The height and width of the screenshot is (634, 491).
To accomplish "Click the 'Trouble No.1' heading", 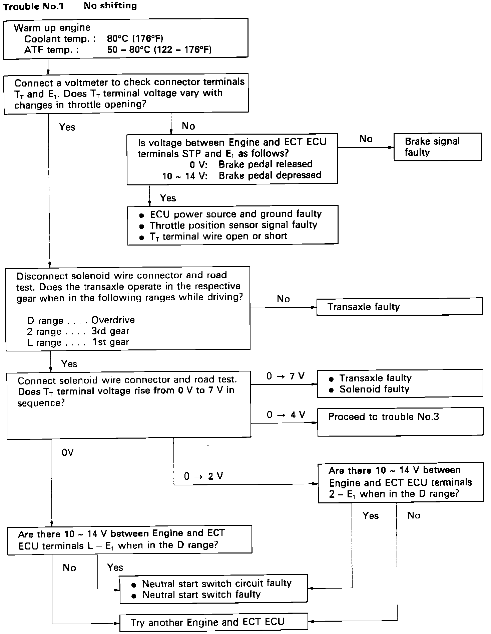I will tap(33, 7).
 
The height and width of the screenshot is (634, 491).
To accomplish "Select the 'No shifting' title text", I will tap(110, 6).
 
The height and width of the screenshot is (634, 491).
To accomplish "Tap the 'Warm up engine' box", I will tap(125, 39).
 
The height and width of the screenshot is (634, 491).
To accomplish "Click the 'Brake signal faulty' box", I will tap(437, 147).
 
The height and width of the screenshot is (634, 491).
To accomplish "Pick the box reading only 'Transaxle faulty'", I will tap(399, 307).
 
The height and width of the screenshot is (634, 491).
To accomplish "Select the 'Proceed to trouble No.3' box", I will tap(400, 421).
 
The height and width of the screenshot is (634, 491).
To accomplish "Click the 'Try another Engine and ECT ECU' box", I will tap(213, 622).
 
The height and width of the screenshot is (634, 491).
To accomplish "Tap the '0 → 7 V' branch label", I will tap(286, 376).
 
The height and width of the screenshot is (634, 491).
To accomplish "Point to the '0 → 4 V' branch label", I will tap(286, 415).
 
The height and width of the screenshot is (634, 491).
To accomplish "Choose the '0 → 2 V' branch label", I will tap(203, 476).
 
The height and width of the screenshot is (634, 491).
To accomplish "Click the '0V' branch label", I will tap(67, 453).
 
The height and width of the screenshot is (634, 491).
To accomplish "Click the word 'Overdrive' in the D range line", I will tap(113, 320).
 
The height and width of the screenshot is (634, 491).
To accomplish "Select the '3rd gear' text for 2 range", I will tap(110, 331).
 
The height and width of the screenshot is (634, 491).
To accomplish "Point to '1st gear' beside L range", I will tap(111, 342).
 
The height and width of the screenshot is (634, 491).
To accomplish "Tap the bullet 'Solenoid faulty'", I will tap(374, 389).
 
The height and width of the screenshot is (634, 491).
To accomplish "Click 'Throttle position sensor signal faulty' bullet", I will tap(233, 225).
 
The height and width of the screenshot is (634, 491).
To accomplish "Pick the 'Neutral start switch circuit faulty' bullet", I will tap(217, 583).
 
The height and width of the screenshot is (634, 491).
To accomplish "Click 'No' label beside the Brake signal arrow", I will tap(366, 139).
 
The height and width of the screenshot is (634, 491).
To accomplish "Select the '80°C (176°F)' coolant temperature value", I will tap(135, 38).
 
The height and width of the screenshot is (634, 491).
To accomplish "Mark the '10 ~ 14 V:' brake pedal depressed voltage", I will tap(185, 176).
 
